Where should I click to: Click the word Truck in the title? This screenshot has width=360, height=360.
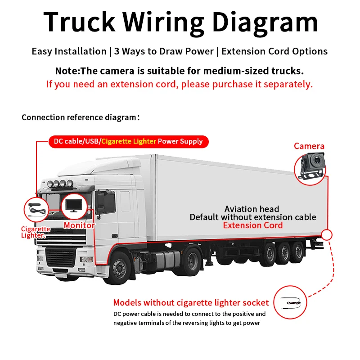(80, 22)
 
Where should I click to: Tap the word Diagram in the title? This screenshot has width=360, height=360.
(265, 23)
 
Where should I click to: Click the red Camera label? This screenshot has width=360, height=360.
(309, 146)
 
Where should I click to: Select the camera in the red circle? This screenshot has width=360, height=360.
(311, 166)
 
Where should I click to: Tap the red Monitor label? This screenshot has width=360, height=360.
(79, 225)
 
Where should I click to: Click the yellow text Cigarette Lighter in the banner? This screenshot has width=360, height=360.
(129, 141)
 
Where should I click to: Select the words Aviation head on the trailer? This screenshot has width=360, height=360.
(252, 209)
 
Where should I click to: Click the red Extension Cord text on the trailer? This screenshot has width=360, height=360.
(253, 225)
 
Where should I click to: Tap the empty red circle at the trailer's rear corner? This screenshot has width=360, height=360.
(327, 234)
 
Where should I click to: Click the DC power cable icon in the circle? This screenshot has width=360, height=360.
(291, 302)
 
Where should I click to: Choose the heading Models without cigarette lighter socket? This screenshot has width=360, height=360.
(191, 302)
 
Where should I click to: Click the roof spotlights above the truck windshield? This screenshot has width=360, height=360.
(60, 184)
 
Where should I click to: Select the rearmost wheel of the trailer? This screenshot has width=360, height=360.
(298, 252)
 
